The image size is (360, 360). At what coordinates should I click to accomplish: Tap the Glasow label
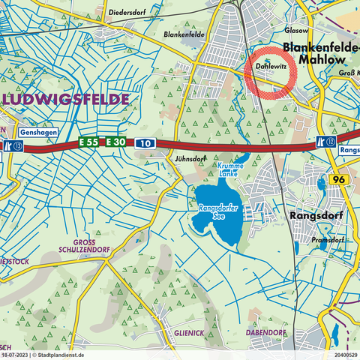point(298,31)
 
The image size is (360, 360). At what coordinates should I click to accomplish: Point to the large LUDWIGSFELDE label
point(66,100)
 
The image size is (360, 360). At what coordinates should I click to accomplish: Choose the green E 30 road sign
point(116,142)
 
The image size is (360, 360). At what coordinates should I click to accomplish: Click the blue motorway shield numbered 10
point(145,142)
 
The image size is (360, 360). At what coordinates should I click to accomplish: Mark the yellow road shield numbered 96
point(338,180)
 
